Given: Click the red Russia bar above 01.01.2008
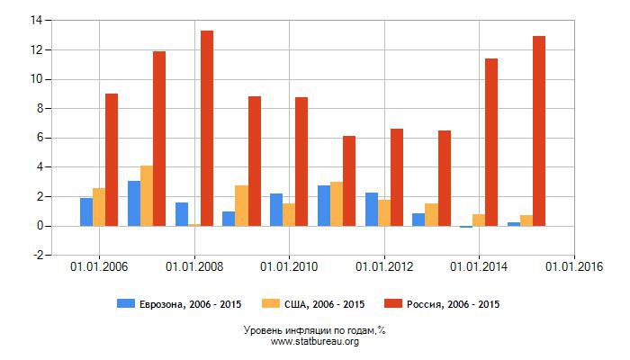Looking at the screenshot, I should pyautogui.click(x=207, y=128).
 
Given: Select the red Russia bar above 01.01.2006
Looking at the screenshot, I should pyautogui.click(x=112, y=159).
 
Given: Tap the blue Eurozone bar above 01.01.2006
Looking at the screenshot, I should pyautogui.click(x=86, y=211).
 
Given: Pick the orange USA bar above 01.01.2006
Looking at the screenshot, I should pyautogui.click(x=99, y=207).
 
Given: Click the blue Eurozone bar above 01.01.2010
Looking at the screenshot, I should pyautogui.click(x=276, y=210).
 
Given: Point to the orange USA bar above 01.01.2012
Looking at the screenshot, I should pyautogui.click(x=384, y=212).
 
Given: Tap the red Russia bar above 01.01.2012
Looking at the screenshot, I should pyautogui.click(x=397, y=177).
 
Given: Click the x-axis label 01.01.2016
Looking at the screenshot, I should pyautogui.click(x=574, y=266).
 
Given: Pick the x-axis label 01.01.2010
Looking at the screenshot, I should pyautogui.click(x=289, y=266).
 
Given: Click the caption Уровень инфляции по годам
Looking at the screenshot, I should pyautogui.click(x=314, y=330).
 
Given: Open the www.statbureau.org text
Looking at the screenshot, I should pyautogui.click(x=314, y=342).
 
